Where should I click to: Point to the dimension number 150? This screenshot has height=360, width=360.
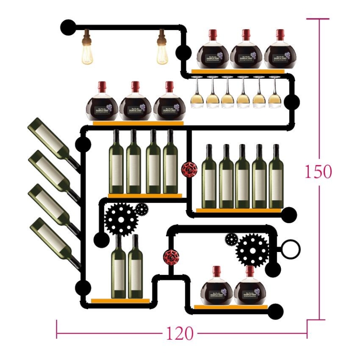click(319, 171)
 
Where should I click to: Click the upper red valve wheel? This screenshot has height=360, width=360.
click(189, 169)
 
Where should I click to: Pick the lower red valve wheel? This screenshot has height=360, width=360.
click(171, 256)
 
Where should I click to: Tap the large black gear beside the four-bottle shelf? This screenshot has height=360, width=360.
click(120, 219)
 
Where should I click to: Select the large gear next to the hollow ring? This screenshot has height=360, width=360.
click(252, 249)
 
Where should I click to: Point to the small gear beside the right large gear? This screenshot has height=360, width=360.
click(231, 239)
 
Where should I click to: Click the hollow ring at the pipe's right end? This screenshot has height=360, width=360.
click(291, 248)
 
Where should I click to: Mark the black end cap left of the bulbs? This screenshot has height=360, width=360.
click(68, 27)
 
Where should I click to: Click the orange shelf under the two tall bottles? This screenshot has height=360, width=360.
click(120, 301)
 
